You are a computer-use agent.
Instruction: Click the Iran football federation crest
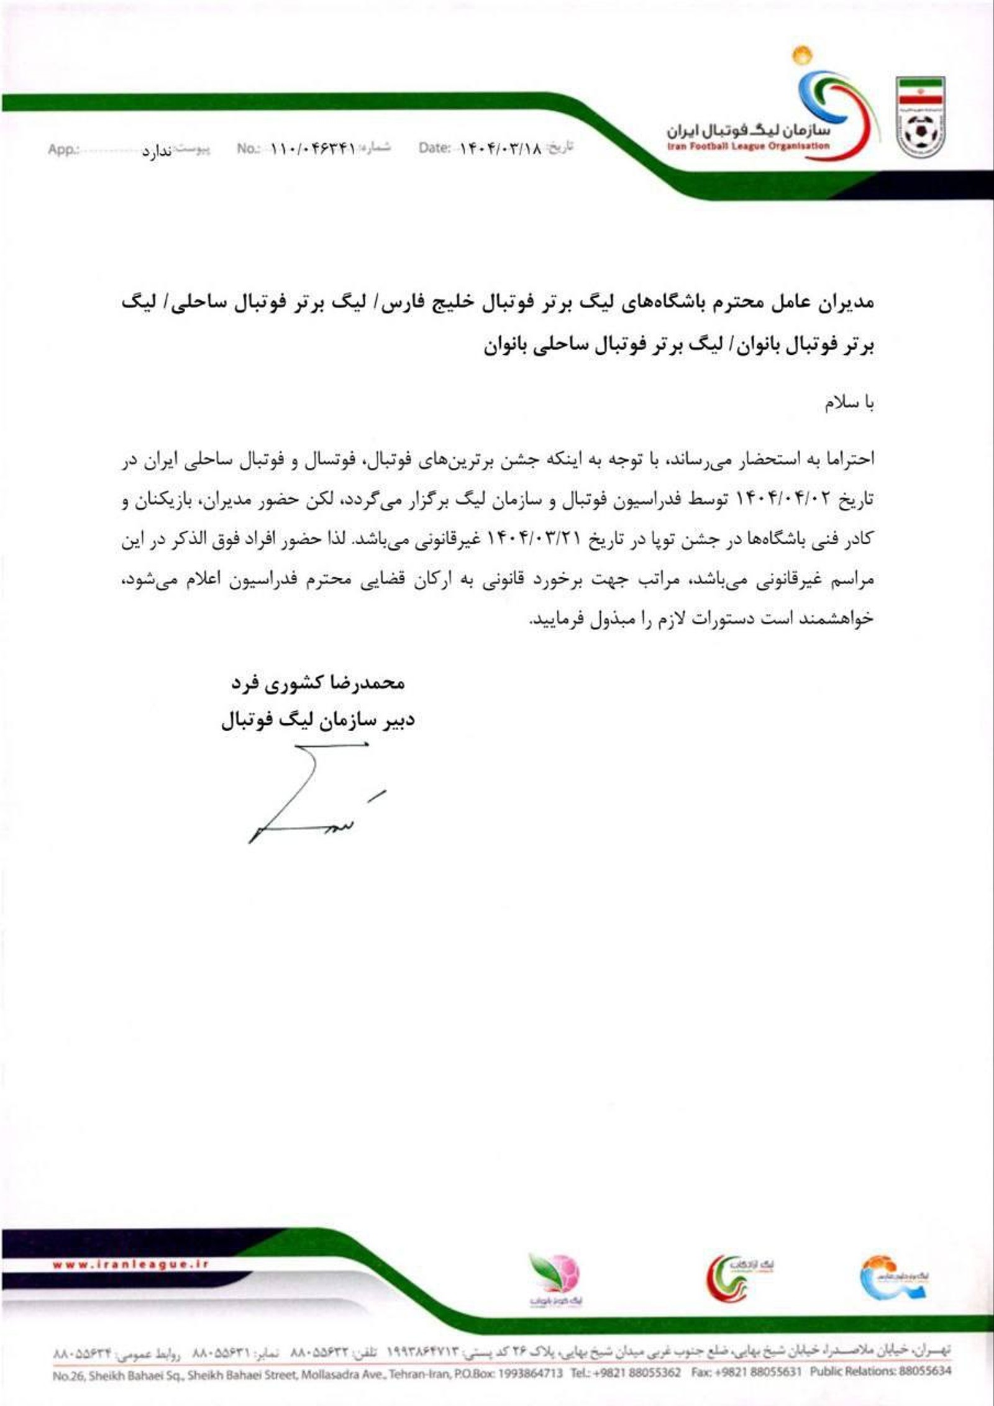[920, 115]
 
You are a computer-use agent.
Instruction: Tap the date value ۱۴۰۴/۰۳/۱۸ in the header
[500, 148]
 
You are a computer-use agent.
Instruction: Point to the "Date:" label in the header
[434, 148]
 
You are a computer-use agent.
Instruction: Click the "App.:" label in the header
[63, 150]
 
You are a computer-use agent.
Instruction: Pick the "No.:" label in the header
[247, 149]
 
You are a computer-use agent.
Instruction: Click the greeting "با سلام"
[849, 404]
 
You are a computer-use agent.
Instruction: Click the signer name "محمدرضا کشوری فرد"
[317, 683]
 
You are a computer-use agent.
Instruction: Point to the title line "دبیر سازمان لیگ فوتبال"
[317, 721]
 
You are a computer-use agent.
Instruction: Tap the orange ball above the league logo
[801, 55]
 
